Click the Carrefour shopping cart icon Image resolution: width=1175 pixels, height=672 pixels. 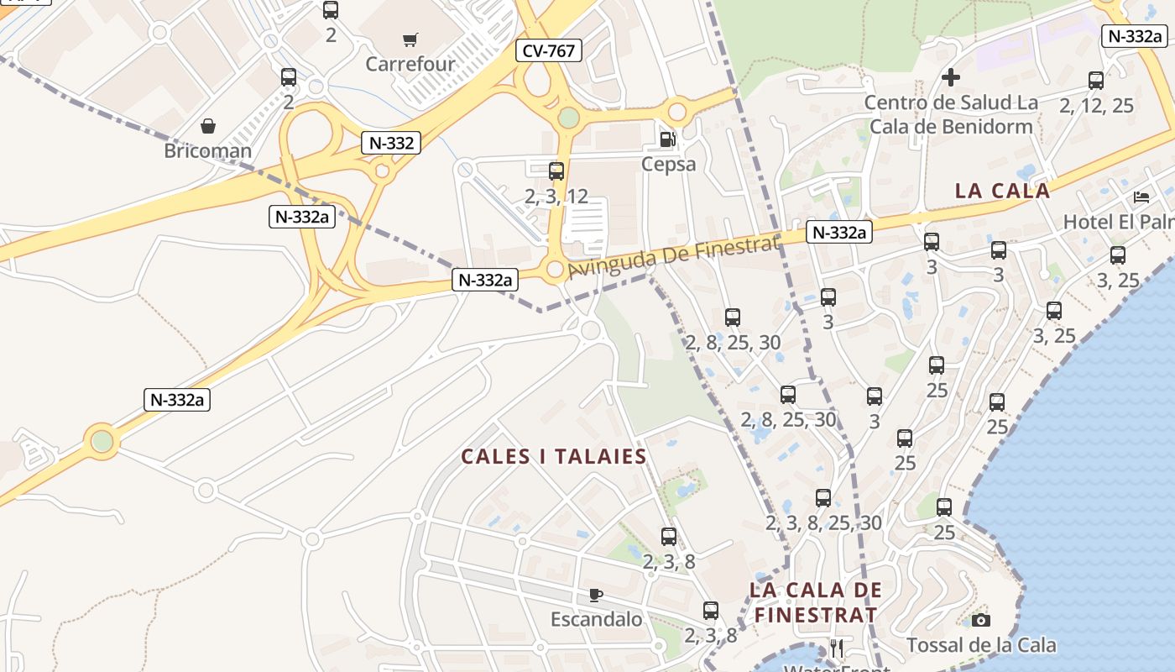[x=410, y=39]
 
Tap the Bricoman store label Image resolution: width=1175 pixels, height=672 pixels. [x=207, y=151]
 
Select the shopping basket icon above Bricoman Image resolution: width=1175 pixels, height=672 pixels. [x=207, y=127]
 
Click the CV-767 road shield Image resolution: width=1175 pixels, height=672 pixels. [x=549, y=51]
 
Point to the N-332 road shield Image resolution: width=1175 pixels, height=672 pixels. [x=391, y=143]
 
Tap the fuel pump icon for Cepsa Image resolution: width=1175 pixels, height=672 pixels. [x=667, y=139]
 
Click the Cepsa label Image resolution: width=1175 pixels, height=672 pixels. [x=668, y=164]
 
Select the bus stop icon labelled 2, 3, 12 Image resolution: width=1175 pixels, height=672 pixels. [x=556, y=171]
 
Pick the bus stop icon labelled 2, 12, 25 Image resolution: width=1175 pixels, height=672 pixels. [x=1096, y=81]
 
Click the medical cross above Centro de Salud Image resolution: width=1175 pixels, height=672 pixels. [x=951, y=77]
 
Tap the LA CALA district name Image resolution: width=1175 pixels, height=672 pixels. [x=1002, y=191]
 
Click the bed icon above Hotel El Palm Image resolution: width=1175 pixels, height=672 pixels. [x=1141, y=197]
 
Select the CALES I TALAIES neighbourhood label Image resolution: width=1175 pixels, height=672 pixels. [x=554, y=457]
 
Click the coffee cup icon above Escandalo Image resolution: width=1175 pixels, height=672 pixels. [x=596, y=596]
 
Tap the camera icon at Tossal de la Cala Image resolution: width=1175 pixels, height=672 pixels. [x=980, y=621]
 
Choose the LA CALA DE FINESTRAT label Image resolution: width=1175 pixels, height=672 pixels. [x=816, y=602]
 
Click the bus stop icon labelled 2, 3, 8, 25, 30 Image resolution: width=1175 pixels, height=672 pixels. [x=823, y=498]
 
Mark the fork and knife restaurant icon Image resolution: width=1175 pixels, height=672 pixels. [x=836, y=648]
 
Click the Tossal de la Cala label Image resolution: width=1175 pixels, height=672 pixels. [x=981, y=645]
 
